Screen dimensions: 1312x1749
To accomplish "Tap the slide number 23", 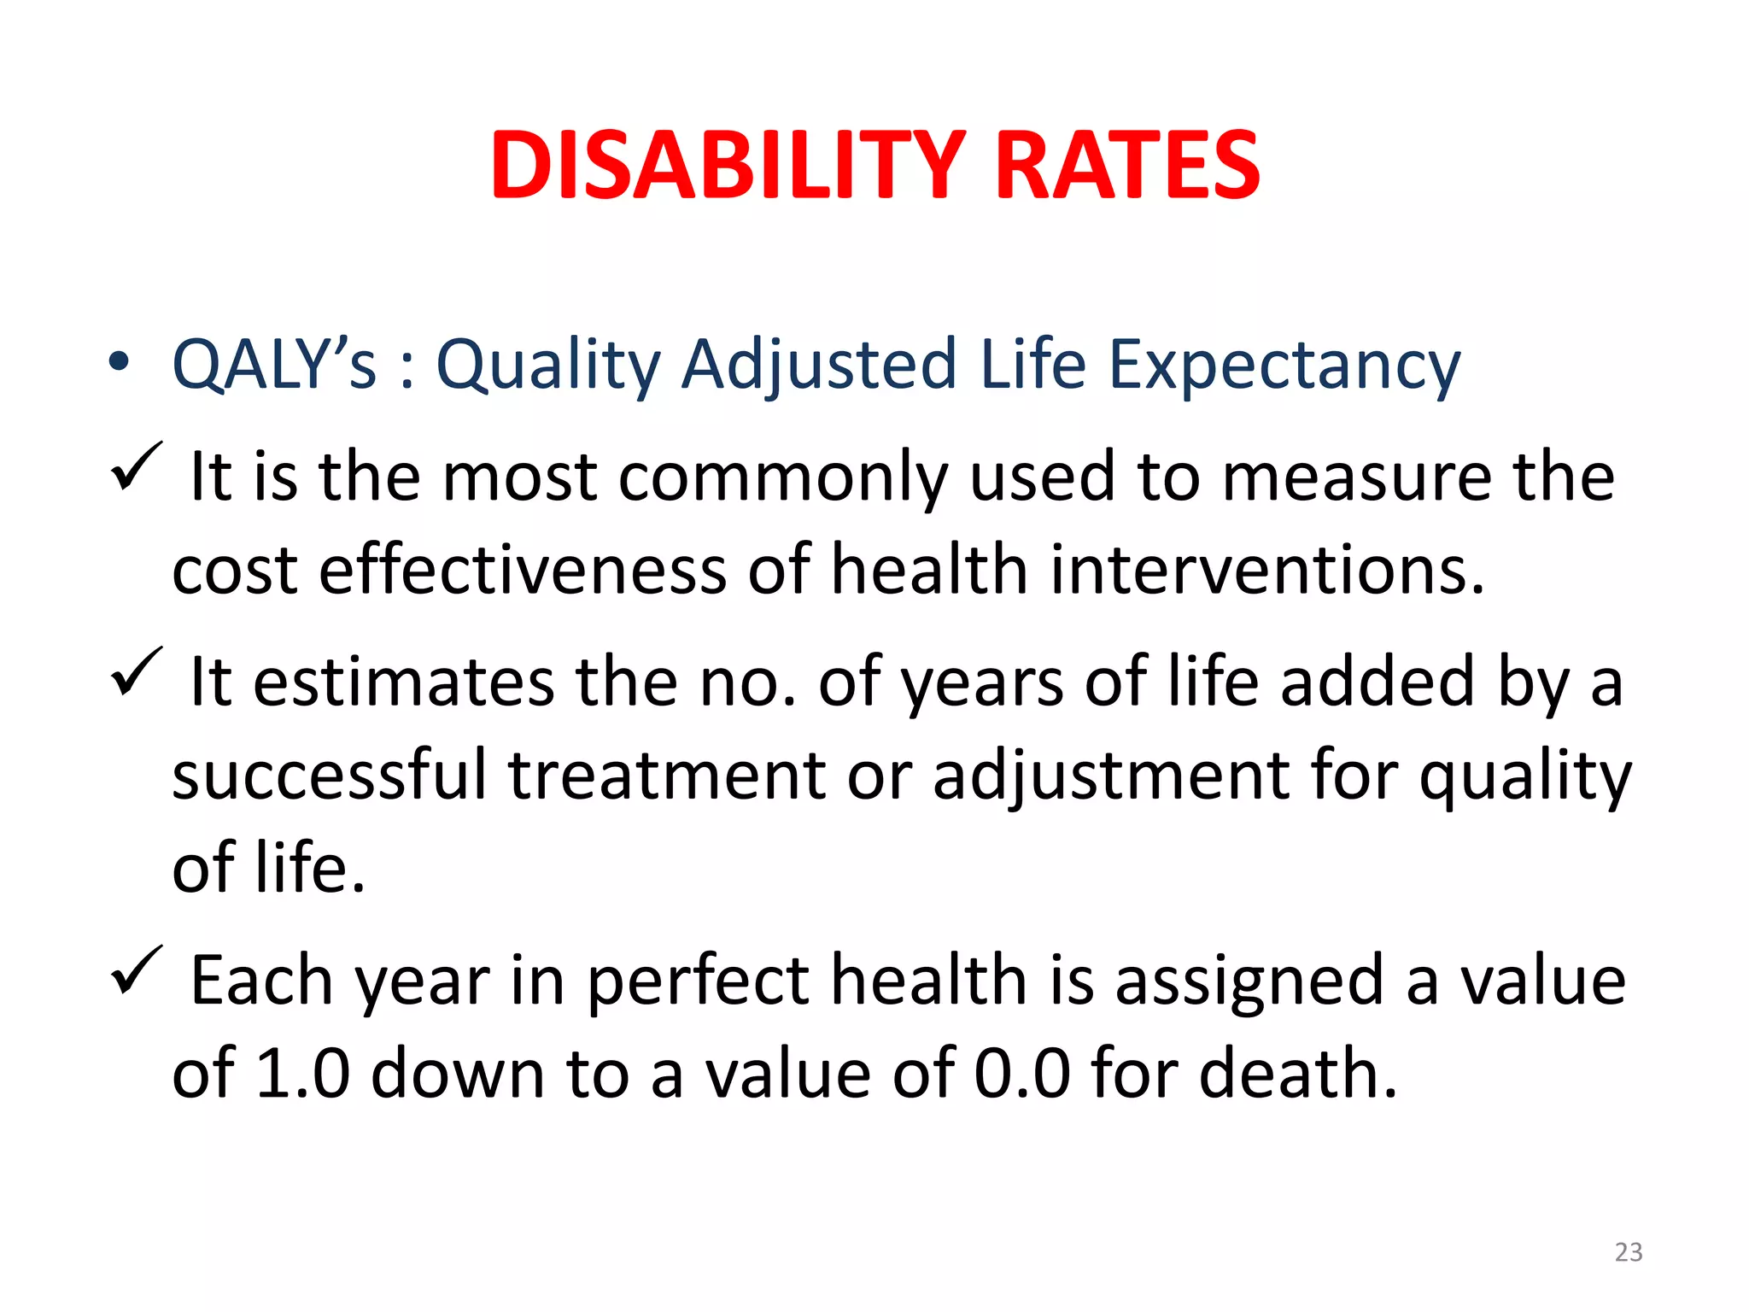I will point(1628,1252).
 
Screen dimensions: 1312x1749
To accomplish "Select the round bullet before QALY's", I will point(120,362).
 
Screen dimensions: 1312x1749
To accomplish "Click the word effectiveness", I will point(522,570).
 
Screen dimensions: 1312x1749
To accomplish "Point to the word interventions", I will point(1266,570).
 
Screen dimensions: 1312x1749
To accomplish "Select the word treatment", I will point(667,776).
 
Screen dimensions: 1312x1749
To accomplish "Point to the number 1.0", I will point(303,1073).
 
